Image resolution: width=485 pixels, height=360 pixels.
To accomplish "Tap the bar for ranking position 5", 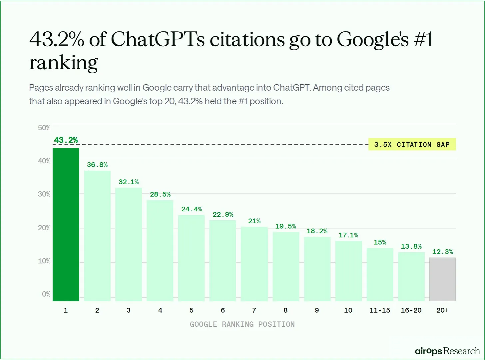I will (x=191, y=258).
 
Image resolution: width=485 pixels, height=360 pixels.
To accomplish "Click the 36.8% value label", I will (x=97, y=165).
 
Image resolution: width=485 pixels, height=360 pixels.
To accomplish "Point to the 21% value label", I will (x=254, y=221).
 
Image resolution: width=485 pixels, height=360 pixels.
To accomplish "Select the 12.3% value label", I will (x=442, y=252).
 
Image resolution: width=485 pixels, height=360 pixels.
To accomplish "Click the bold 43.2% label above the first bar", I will (x=66, y=140).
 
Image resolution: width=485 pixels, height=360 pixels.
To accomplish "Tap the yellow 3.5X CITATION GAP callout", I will (x=412, y=145).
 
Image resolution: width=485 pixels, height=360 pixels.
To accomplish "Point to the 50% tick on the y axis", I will (x=44, y=128).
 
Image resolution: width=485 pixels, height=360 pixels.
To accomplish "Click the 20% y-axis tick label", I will (x=44, y=228).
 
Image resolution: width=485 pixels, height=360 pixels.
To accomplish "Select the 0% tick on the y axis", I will (x=46, y=294).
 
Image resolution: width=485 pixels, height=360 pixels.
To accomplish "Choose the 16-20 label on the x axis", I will (x=411, y=310).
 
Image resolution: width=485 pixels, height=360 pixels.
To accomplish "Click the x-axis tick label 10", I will (x=348, y=310).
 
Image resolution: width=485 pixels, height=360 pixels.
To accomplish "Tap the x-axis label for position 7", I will (x=254, y=310).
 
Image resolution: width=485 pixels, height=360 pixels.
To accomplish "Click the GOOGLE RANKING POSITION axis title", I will (x=242, y=324).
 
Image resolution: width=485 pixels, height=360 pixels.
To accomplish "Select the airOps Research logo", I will (x=447, y=351).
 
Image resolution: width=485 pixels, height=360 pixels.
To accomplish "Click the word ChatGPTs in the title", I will (x=157, y=39).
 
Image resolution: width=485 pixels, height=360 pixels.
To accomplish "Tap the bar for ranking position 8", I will (x=286, y=266).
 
